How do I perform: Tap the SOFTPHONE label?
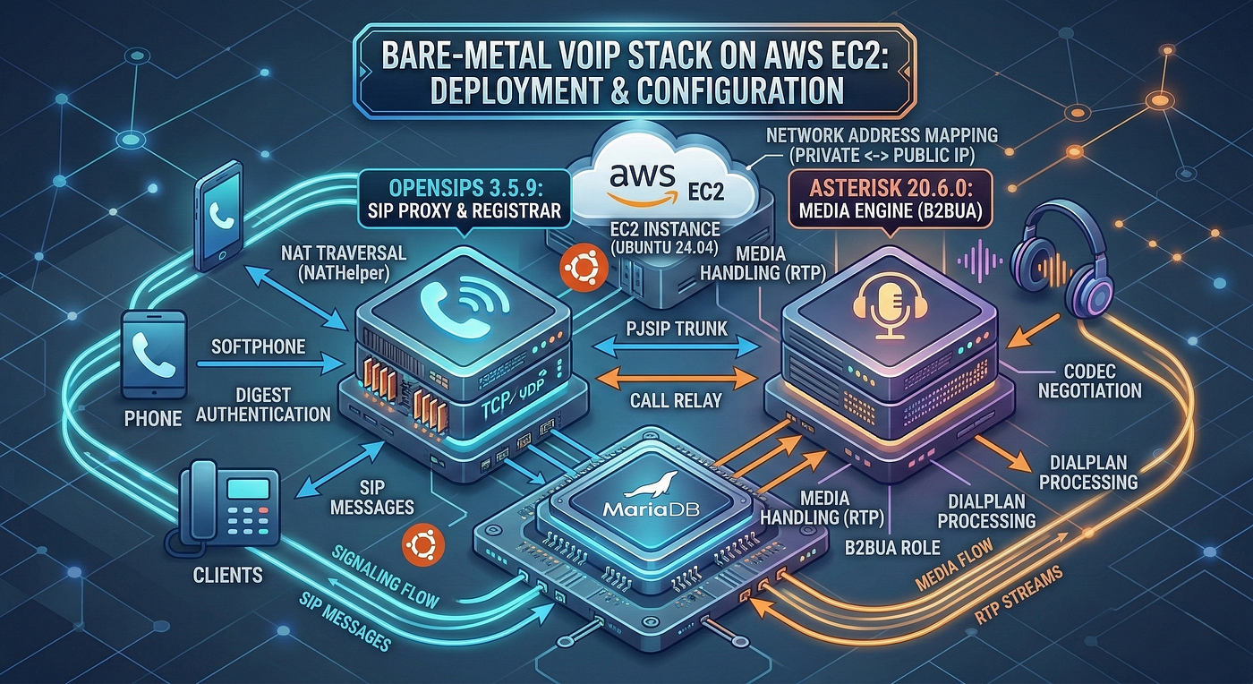(x=259, y=347)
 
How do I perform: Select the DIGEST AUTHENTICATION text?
(x=263, y=405)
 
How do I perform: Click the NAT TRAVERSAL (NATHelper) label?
(x=343, y=262)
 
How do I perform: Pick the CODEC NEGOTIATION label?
(x=1090, y=380)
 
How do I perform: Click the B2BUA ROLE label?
(x=892, y=547)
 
